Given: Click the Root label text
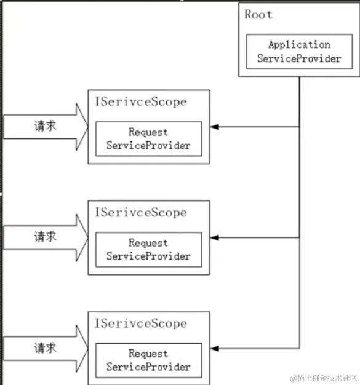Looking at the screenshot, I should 258,15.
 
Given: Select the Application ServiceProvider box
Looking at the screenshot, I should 299,52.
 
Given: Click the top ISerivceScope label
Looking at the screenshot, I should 140,101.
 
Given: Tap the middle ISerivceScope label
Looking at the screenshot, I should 140,212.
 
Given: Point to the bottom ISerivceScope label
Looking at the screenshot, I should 140,323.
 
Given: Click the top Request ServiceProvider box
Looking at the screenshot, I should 148,139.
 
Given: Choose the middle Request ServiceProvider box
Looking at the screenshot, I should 148,250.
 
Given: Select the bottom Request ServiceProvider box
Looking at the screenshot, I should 148,360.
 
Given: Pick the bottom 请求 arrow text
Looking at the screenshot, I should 45,348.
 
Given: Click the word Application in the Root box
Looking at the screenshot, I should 299,45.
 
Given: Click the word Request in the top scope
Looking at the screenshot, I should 148,132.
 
